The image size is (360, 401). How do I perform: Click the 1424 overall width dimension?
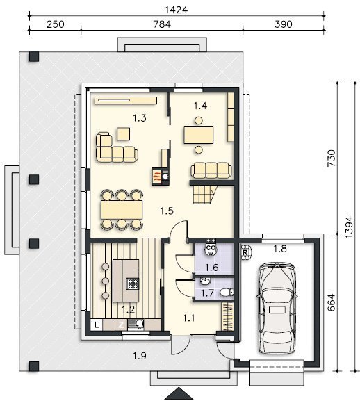tap(176, 10)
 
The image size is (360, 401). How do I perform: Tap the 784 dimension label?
tap(162, 24)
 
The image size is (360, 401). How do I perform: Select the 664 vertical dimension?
tap(331, 302)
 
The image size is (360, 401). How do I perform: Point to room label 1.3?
tap(140, 118)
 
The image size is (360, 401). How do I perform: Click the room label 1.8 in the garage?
tap(280, 249)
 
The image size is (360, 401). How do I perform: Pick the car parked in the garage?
tap(277, 308)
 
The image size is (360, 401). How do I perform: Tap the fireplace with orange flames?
tap(157, 177)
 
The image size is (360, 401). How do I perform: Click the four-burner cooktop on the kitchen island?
tap(133, 284)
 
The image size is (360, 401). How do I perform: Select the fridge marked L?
tap(97, 325)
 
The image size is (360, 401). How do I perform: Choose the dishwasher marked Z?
tap(121, 325)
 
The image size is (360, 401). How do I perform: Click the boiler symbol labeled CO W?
tap(211, 249)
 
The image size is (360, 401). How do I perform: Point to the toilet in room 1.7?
tap(227, 292)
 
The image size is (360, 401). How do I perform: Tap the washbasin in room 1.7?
tap(205, 281)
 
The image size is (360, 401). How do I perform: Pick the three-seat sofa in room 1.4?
tap(211, 170)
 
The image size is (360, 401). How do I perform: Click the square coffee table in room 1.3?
tap(124, 133)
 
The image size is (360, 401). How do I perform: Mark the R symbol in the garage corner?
tap(245, 253)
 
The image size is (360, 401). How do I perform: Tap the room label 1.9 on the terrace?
tap(140, 356)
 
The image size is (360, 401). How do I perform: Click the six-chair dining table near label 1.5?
tap(122, 210)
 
